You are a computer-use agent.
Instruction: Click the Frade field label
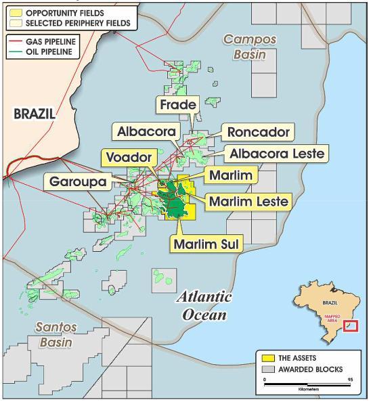tap(179, 105)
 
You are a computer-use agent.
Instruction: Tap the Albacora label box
tap(146, 131)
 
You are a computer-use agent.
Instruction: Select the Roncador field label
tap(258, 131)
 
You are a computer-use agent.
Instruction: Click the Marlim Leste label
tap(248, 201)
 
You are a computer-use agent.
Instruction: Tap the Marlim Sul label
tap(206, 244)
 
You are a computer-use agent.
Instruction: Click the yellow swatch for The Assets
tap(269, 358)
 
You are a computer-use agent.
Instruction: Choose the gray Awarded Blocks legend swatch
tap(269, 370)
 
